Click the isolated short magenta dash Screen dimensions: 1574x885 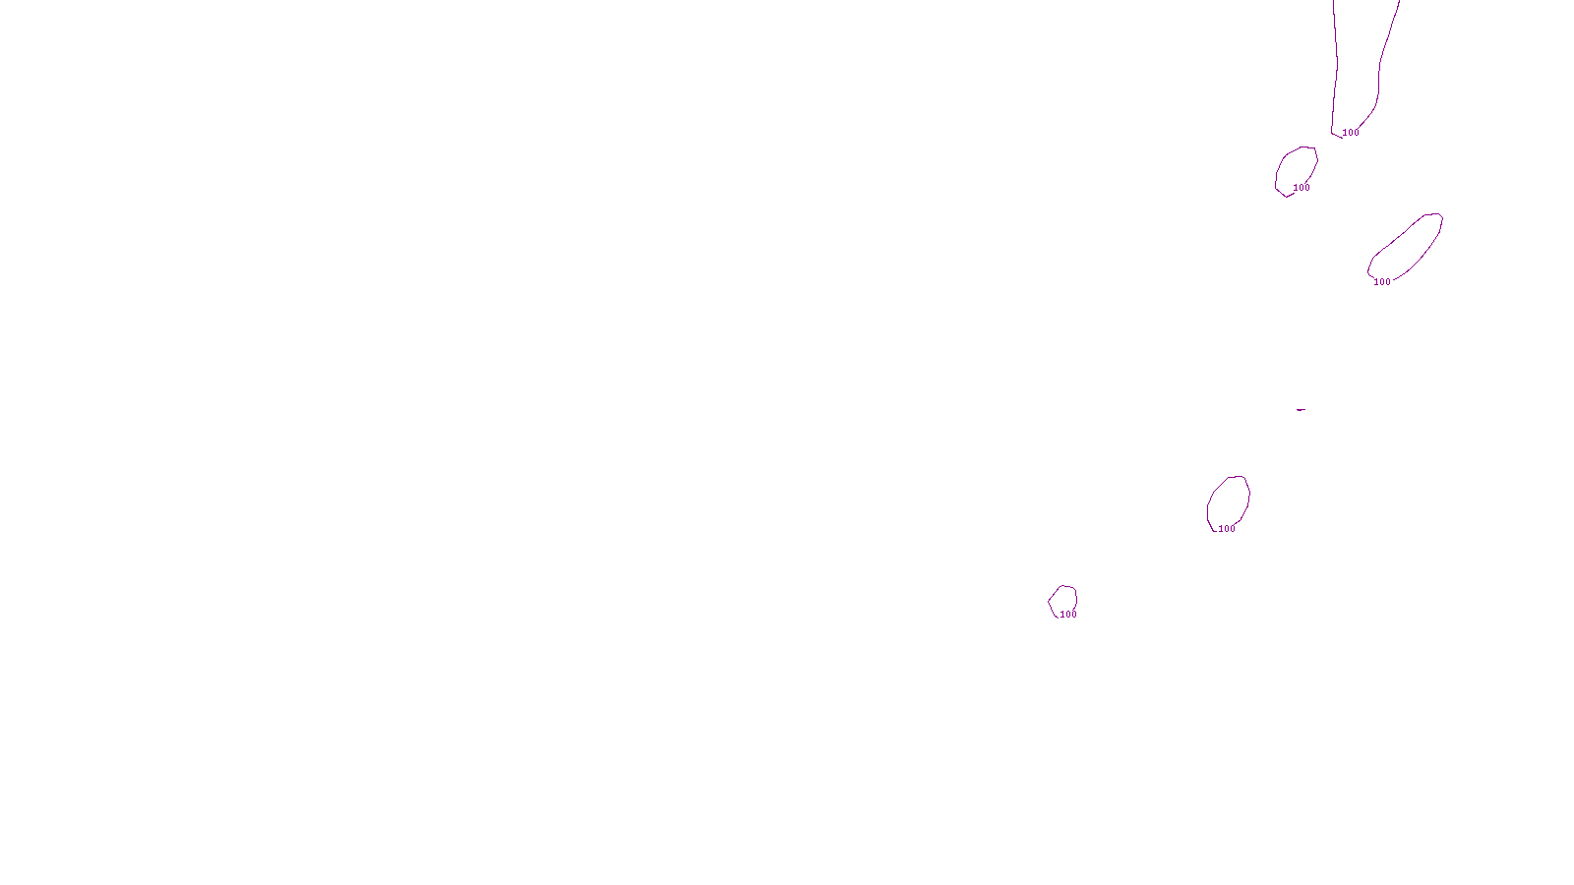(x=1301, y=409)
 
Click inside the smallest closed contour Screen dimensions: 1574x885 (x=1062, y=599)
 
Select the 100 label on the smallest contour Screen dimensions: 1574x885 (x=1068, y=615)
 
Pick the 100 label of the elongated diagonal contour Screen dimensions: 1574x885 (x=1382, y=282)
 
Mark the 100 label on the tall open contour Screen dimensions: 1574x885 (x=1351, y=133)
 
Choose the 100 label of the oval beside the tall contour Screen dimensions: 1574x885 (x=1302, y=188)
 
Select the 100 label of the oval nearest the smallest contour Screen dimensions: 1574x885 (x=1227, y=529)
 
